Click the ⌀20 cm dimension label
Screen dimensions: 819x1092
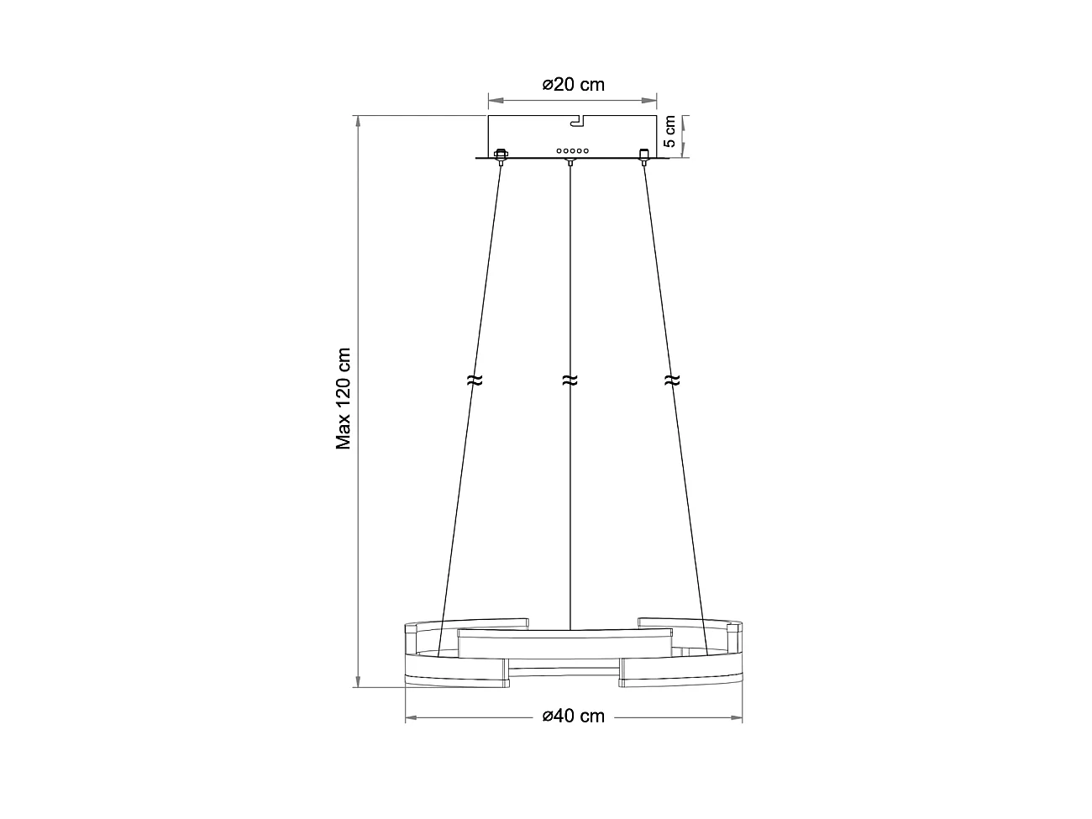pyautogui.click(x=573, y=84)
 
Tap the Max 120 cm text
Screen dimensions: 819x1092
pyautogui.click(x=344, y=399)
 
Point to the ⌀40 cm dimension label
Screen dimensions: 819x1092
pyautogui.click(x=573, y=717)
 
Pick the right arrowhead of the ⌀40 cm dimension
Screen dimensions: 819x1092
pyautogui.click(x=736, y=718)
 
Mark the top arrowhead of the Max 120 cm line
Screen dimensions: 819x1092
pyautogui.click(x=360, y=122)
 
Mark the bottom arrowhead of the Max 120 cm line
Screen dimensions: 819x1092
pyautogui.click(x=360, y=680)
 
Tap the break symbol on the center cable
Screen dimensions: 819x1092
pyautogui.click(x=570, y=381)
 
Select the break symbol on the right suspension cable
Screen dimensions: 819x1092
pyautogui.click(x=670, y=381)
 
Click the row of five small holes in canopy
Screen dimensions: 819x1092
pyautogui.click(x=571, y=150)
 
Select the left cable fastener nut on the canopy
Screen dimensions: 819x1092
pyautogui.click(x=501, y=155)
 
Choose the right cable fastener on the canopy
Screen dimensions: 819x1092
pyautogui.click(x=644, y=155)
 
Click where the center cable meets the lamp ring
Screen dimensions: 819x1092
pyautogui.click(x=570, y=628)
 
